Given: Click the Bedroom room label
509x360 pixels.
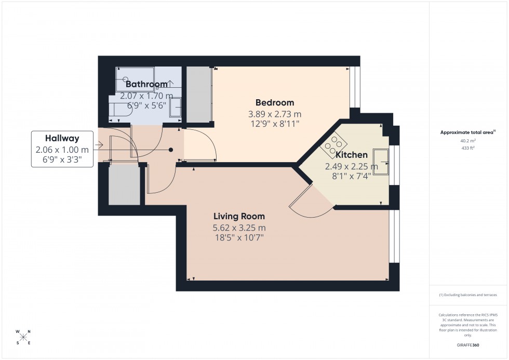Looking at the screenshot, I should pos(274,103).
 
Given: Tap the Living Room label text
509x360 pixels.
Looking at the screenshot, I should pos(239,217).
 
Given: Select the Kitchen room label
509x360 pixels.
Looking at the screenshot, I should pos(352,155).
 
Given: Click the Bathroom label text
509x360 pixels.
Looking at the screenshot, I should pos(146,84).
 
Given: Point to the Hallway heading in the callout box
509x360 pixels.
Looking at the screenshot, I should pos(62,138).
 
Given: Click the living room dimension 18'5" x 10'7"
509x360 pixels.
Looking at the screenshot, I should pos(239,238).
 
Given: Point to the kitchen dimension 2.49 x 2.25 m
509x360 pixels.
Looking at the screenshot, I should pos(352,167).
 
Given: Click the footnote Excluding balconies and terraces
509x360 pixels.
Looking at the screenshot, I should pos(468,295).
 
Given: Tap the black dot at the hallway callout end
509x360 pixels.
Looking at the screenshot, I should pos(170,150).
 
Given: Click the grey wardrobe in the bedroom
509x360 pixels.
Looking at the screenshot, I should pos(197,95).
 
